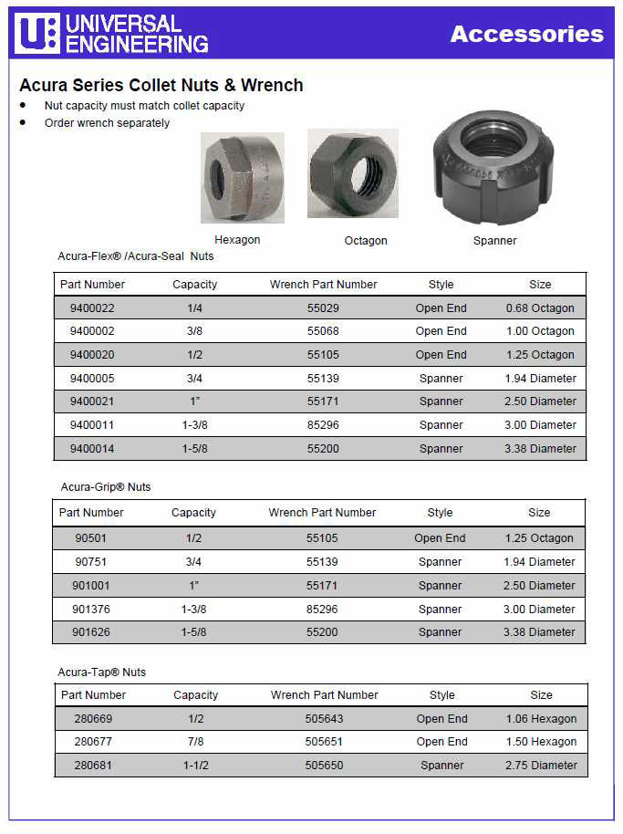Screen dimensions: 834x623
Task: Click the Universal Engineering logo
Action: click(111, 33)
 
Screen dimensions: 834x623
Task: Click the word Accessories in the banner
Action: click(526, 34)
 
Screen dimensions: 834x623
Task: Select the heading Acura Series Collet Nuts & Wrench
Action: click(161, 85)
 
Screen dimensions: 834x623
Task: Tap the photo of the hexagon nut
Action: click(242, 177)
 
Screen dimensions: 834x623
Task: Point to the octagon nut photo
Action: click(352, 173)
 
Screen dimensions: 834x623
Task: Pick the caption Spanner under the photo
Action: click(494, 241)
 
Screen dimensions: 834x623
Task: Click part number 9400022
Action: click(92, 308)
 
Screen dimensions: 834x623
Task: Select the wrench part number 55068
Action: click(323, 331)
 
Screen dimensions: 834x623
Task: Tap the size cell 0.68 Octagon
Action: click(540, 308)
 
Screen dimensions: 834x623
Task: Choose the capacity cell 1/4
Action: click(194, 308)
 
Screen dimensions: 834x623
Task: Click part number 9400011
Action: click(92, 425)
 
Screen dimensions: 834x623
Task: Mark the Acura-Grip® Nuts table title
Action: click(106, 487)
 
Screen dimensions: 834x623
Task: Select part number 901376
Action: click(91, 610)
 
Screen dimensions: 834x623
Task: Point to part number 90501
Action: click(91, 538)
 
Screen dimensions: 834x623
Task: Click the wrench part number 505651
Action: click(324, 742)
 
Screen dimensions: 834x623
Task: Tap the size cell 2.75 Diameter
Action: click(541, 766)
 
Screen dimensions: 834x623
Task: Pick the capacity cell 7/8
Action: click(195, 742)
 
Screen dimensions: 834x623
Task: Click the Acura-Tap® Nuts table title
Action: click(102, 672)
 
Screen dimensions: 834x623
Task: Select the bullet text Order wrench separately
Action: click(107, 123)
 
